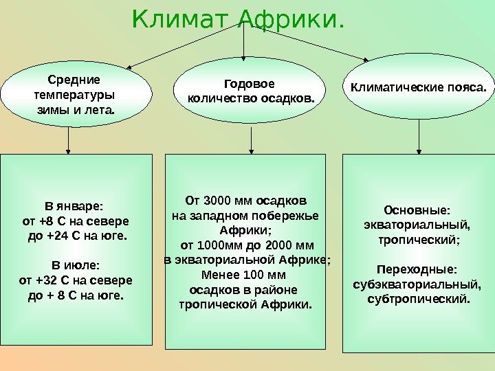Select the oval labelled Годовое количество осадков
coord(250,92)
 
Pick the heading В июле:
coord(76,265)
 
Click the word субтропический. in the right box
coord(419,299)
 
